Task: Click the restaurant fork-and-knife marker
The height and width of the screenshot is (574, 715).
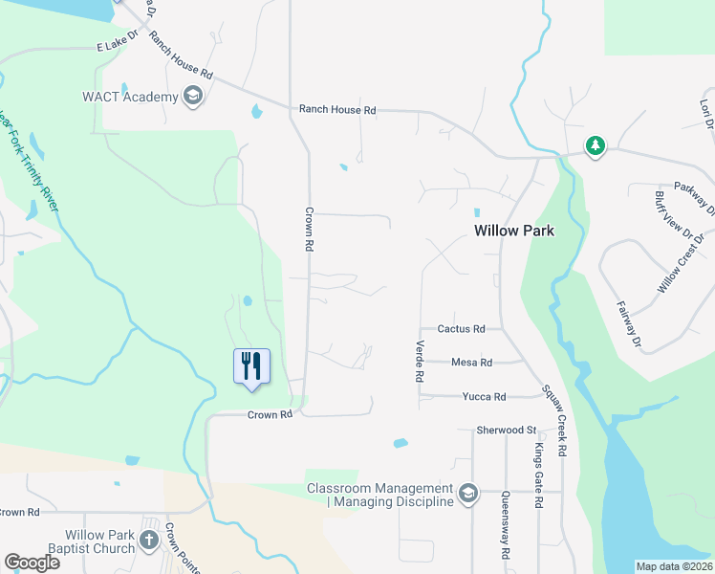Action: click(x=252, y=366)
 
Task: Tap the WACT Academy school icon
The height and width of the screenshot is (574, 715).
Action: click(x=193, y=97)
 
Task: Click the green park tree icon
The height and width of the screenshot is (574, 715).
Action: click(x=596, y=145)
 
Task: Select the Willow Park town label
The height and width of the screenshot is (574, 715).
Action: click(x=515, y=231)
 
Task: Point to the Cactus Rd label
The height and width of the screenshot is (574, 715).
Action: click(x=461, y=329)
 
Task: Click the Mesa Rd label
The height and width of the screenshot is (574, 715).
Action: click(x=471, y=363)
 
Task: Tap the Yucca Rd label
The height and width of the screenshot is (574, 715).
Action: click(x=484, y=396)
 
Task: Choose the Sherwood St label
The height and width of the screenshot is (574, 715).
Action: click(x=507, y=431)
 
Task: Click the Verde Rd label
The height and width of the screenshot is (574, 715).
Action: click(x=419, y=362)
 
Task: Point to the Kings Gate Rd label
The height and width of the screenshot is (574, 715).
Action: click(x=539, y=475)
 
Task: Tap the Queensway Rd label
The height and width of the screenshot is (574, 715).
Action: click(x=505, y=525)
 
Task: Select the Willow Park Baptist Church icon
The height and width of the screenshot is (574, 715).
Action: click(x=148, y=541)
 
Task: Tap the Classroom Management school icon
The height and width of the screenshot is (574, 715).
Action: click(x=467, y=494)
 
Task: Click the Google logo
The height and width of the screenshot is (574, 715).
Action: click(x=32, y=563)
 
